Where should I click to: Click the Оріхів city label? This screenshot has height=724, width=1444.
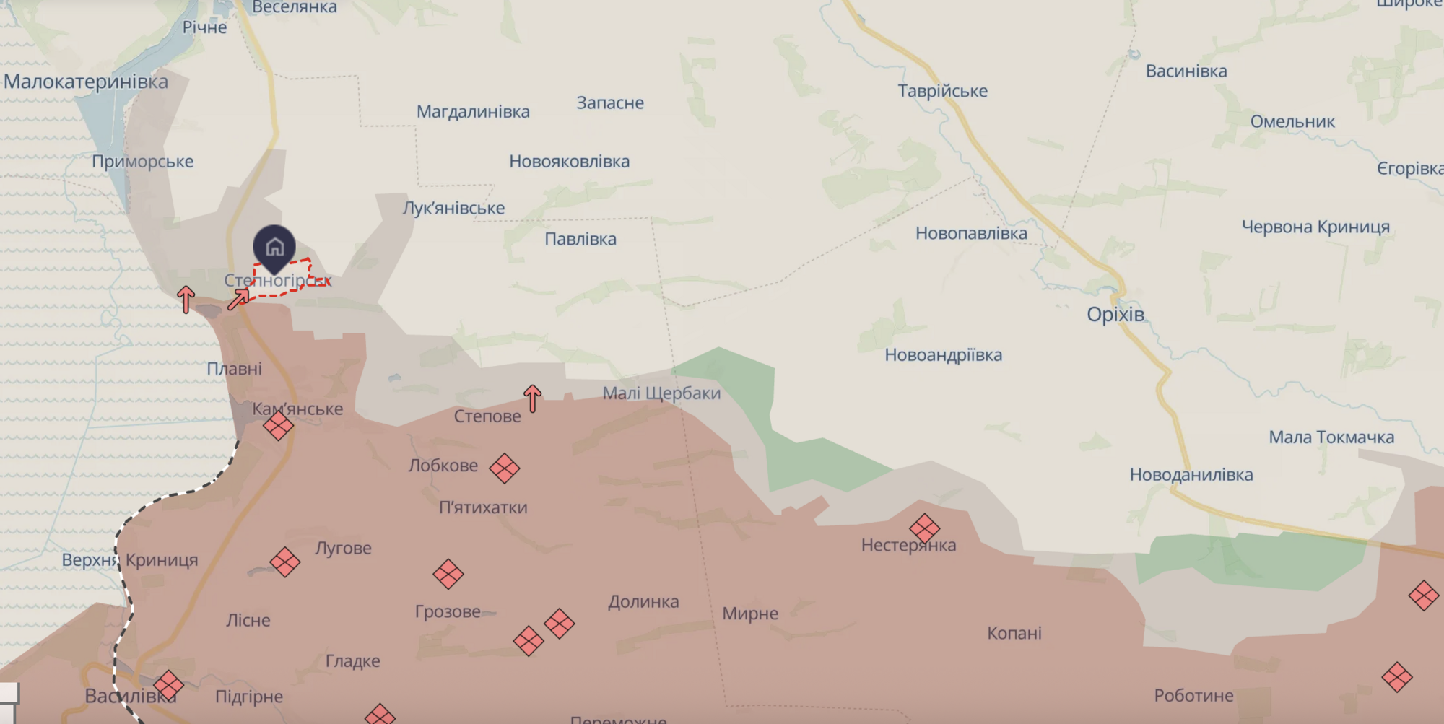pyautogui.click(x=1115, y=315)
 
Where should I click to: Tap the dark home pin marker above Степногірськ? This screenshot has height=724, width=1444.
pyautogui.click(x=274, y=247)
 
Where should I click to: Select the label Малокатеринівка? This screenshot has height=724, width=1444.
pyautogui.click(x=86, y=82)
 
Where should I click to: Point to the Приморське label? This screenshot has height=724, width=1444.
pyautogui.click(x=143, y=162)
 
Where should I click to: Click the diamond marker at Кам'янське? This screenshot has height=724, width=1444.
pyautogui.click(x=278, y=426)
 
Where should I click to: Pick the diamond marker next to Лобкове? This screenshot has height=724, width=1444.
pyautogui.click(x=504, y=468)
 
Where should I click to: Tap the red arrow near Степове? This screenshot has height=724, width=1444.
pyautogui.click(x=533, y=398)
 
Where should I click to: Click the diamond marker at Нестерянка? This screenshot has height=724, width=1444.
pyautogui.click(x=924, y=528)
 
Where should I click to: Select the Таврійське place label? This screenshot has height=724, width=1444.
pyautogui.click(x=942, y=91)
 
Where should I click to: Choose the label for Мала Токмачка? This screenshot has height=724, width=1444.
pyautogui.click(x=1331, y=437)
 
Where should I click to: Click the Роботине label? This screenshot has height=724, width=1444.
pyautogui.click(x=1193, y=696)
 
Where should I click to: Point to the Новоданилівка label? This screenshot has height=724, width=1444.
pyautogui.click(x=1191, y=475)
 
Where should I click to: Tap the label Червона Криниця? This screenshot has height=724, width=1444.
pyautogui.click(x=1315, y=227)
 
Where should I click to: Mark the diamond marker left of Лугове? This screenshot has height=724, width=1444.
pyautogui.click(x=285, y=562)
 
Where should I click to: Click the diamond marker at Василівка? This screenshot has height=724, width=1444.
pyautogui.click(x=168, y=685)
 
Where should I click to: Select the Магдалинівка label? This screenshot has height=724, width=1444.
pyautogui.click(x=473, y=112)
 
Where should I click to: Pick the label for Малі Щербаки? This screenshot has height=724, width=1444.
pyautogui.click(x=661, y=393)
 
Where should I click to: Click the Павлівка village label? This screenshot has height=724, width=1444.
pyautogui.click(x=580, y=239)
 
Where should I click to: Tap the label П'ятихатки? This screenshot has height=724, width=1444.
pyautogui.click(x=483, y=507)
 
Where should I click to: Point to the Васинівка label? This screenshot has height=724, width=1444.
pyautogui.click(x=1186, y=71)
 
